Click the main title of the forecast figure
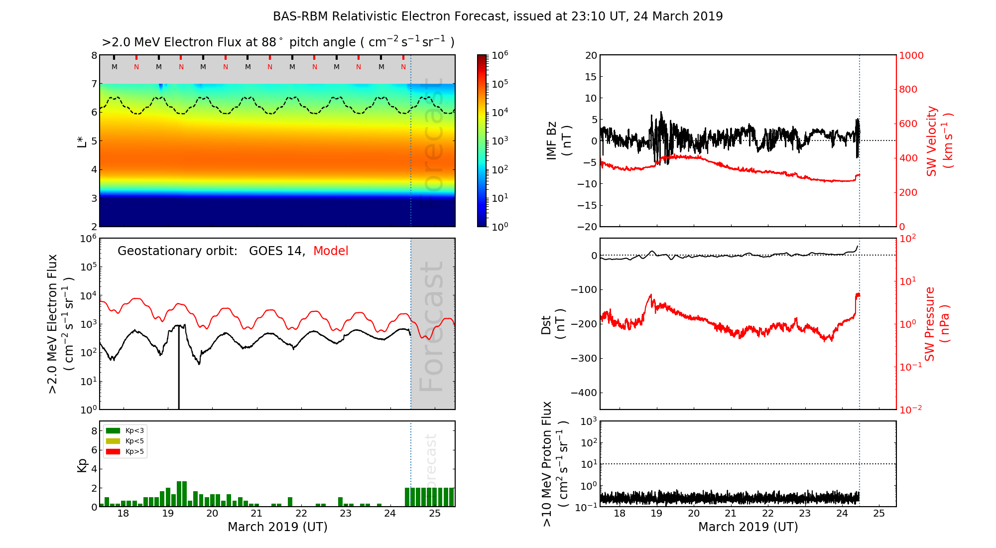(x=498, y=16)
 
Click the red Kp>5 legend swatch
(x=113, y=452)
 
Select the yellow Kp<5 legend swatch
(x=113, y=441)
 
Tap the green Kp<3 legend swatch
(x=113, y=430)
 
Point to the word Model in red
(x=331, y=251)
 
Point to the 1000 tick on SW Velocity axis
(x=911, y=55)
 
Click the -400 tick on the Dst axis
(x=584, y=393)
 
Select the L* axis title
(x=82, y=141)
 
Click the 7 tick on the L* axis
(x=94, y=84)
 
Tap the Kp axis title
(x=82, y=465)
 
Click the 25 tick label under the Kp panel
(x=434, y=514)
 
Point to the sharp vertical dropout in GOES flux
(x=179, y=369)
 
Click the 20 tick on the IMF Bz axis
(x=591, y=55)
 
